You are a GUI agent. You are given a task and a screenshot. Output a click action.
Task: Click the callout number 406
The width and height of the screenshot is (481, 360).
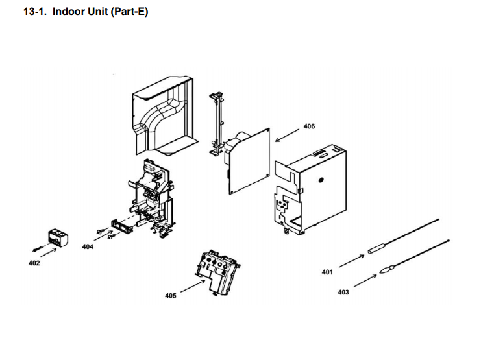pos(309,126)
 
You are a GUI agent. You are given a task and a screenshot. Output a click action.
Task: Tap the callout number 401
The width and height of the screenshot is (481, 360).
pos(327,272)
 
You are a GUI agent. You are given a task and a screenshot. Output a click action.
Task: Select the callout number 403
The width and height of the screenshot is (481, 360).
pos(343,292)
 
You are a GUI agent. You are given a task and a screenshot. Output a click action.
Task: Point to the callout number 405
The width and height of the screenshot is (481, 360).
pos(170,295)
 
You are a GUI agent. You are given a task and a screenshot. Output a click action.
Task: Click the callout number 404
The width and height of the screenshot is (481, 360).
pos(88,247)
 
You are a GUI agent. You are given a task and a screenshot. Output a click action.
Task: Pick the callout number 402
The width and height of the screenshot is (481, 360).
pos(34,263)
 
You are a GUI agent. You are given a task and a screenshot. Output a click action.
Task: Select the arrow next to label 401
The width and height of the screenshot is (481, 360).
pos(351,260)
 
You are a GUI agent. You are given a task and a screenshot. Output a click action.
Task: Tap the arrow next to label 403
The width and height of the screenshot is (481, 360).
pos(365,280)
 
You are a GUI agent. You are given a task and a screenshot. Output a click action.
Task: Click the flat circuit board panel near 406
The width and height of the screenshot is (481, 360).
pos(251,159)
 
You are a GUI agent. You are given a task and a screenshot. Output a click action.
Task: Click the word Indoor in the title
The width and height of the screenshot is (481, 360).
pos(69,12)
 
